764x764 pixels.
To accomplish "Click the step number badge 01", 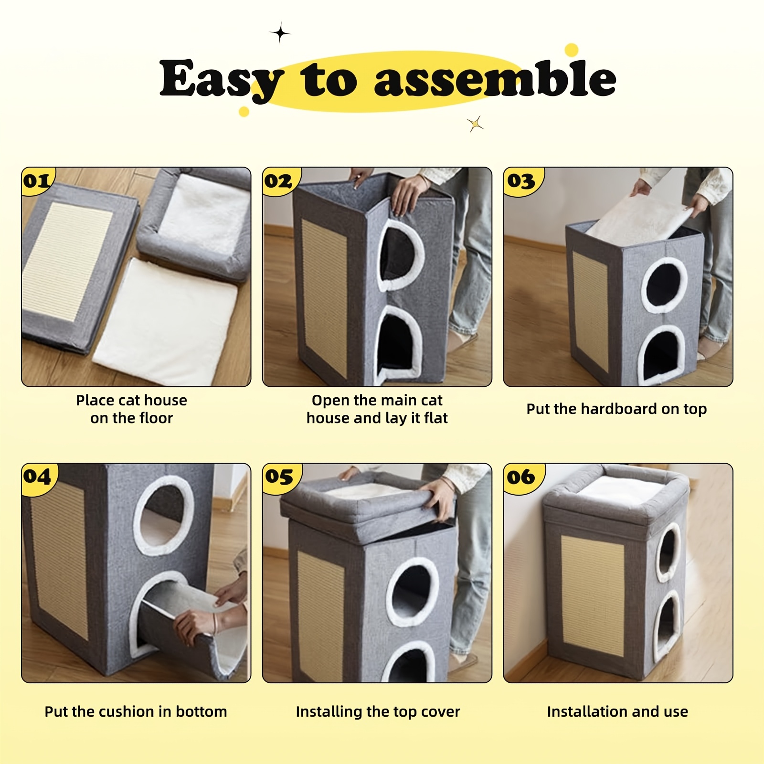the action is tap(37, 181).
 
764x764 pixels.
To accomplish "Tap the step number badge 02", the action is tap(279, 181).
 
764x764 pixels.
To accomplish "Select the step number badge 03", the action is tap(521, 181).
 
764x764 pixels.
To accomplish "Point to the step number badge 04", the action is tap(37, 477).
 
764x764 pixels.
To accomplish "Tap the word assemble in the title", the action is tap(495, 78).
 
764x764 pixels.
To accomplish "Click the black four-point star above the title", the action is tap(280, 33).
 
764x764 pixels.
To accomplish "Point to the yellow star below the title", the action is tap(476, 124).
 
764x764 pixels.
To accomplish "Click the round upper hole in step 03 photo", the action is tap(665, 286).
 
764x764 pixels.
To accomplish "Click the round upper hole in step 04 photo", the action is tap(163, 515).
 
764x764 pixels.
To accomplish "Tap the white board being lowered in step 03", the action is tap(638, 219).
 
